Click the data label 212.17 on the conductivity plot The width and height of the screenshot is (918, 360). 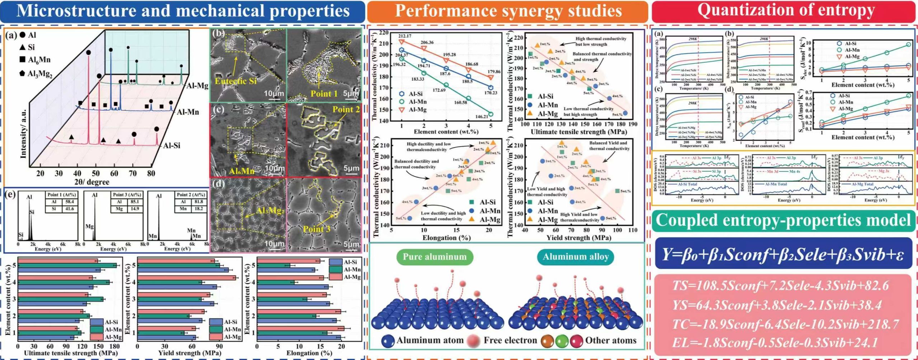pyautogui.click(x=404, y=36)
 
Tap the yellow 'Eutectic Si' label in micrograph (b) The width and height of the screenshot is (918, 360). pyautogui.click(x=236, y=81)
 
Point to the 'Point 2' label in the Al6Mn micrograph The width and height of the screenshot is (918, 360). pyautogui.click(x=346, y=109)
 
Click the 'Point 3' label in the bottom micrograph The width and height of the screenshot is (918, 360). pyautogui.click(x=317, y=229)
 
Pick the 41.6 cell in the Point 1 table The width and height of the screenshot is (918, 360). pyautogui.click(x=70, y=209)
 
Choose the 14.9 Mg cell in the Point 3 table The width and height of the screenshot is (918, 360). pyautogui.click(x=134, y=209)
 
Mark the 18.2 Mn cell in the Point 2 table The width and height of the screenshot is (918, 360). pyautogui.click(x=199, y=209)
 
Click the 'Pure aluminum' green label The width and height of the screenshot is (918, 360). pyautogui.click(x=435, y=257)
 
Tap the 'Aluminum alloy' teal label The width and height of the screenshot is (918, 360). pyautogui.click(x=575, y=257)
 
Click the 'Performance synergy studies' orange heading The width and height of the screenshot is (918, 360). pyautogui.click(x=508, y=11)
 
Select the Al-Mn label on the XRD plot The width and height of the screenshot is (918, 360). pyautogui.click(x=188, y=112)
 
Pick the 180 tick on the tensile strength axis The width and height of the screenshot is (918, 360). pyautogui.click(x=114, y=347)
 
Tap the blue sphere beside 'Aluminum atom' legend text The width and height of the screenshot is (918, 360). pyautogui.click(x=388, y=341)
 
